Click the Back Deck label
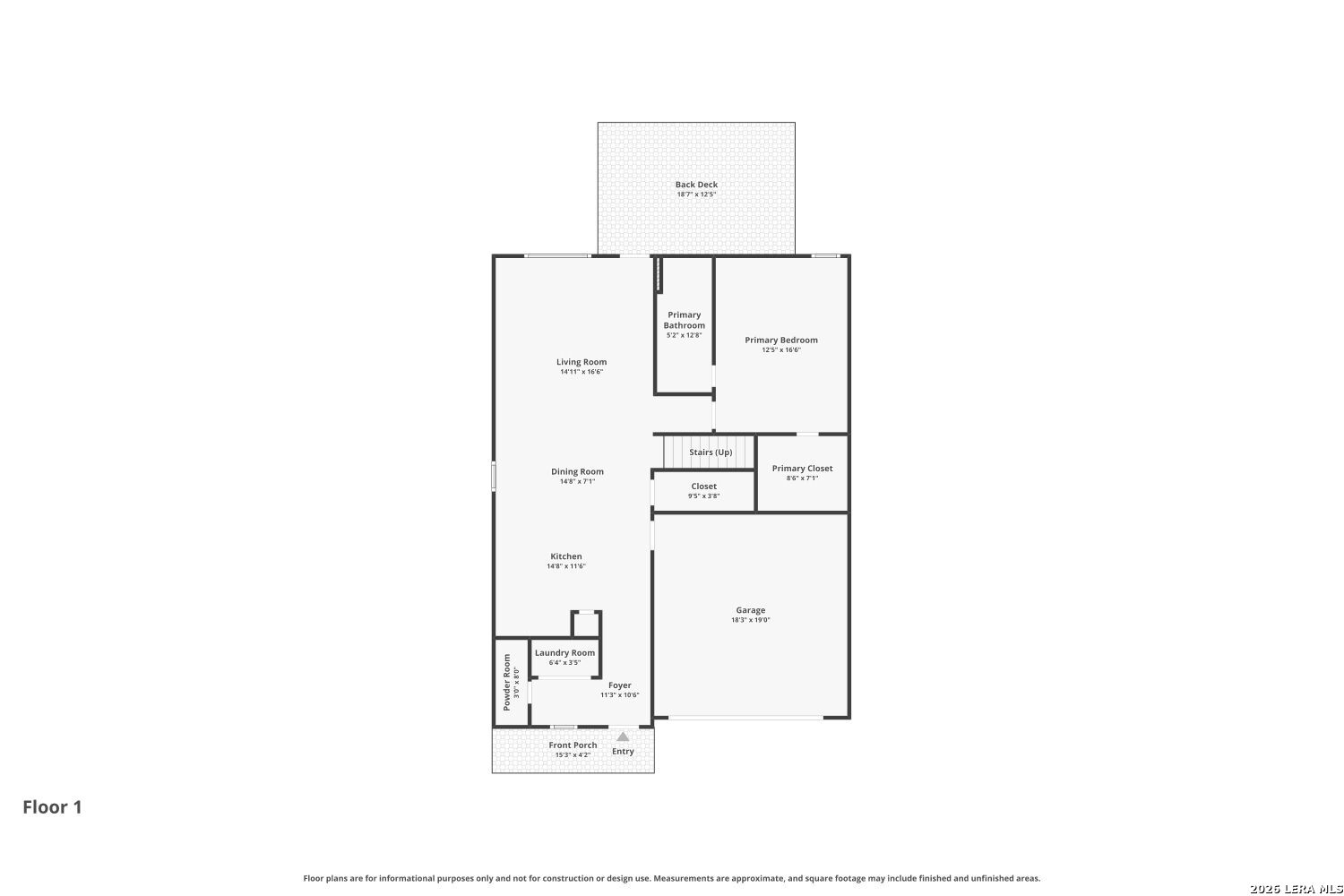click(696, 185)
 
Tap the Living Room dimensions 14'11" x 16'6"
click(582, 372)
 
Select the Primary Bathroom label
click(684, 320)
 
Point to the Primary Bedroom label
click(781, 340)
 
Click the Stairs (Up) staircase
click(709, 452)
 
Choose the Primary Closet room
click(802, 473)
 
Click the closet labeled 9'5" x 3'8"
click(703, 490)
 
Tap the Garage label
click(751, 610)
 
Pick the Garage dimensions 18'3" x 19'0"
click(751, 620)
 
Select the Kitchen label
click(565, 556)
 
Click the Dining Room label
click(577, 471)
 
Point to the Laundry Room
click(564, 657)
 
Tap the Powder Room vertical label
click(506, 683)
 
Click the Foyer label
click(620, 685)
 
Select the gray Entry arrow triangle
click(623, 737)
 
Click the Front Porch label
click(573, 745)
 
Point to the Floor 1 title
click(52, 807)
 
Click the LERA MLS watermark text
click(1296, 889)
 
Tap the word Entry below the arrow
click(623, 752)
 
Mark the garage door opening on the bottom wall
click(745, 717)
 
